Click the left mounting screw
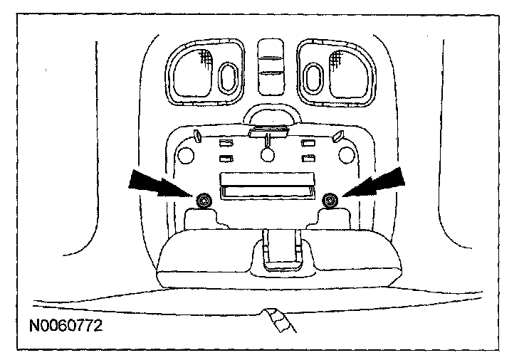(204, 200)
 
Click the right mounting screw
(329, 200)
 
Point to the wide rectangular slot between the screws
(266, 186)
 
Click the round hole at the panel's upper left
(187, 154)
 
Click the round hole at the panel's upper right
(347, 154)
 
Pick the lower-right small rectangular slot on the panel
(308, 158)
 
